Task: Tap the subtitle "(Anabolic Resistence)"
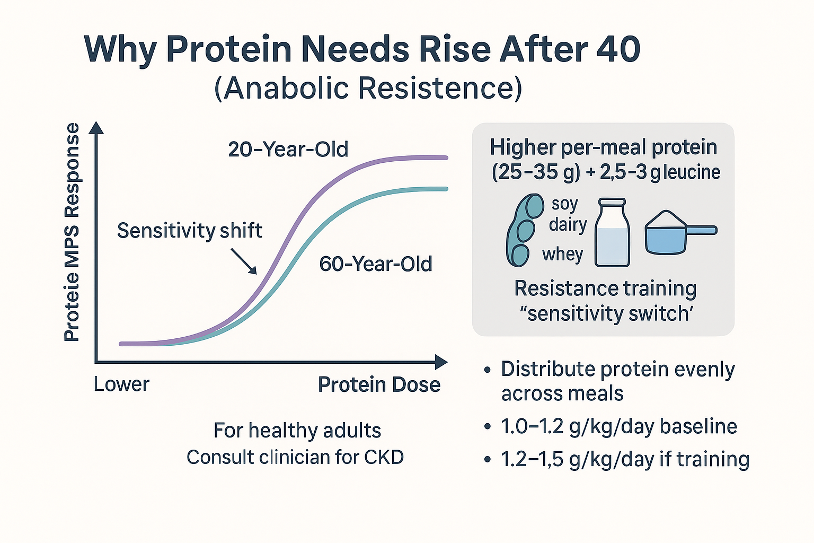pyautogui.click(x=368, y=88)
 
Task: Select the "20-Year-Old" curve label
pyautogui.click(x=288, y=150)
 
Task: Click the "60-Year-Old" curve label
pyautogui.click(x=375, y=264)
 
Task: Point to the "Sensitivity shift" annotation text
pyautogui.click(x=189, y=231)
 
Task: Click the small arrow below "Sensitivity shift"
pyautogui.click(x=244, y=261)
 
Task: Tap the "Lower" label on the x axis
pyautogui.click(x=121, y=384)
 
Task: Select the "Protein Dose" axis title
pyautogui.click(x=379, y=384)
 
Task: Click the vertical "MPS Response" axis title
pyautogui.click(x=72, y=232)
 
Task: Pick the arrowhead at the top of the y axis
pyautogui.click(x=96, y=127)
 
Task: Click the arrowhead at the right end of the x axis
pyautogui.click(x=441, y=362)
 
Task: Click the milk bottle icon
pyautogui.click(x=612, y=233)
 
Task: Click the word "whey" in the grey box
pyautogui.click(x=562, y=255)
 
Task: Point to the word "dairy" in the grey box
pyautogui.click(x=568, y=224)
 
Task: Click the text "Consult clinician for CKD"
pyautogui.click(x=295, y=457)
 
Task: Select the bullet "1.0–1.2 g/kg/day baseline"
pyautogui.click(x=618, y=426)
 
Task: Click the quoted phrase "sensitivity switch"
pyautogui.click(x=606, y=314)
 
